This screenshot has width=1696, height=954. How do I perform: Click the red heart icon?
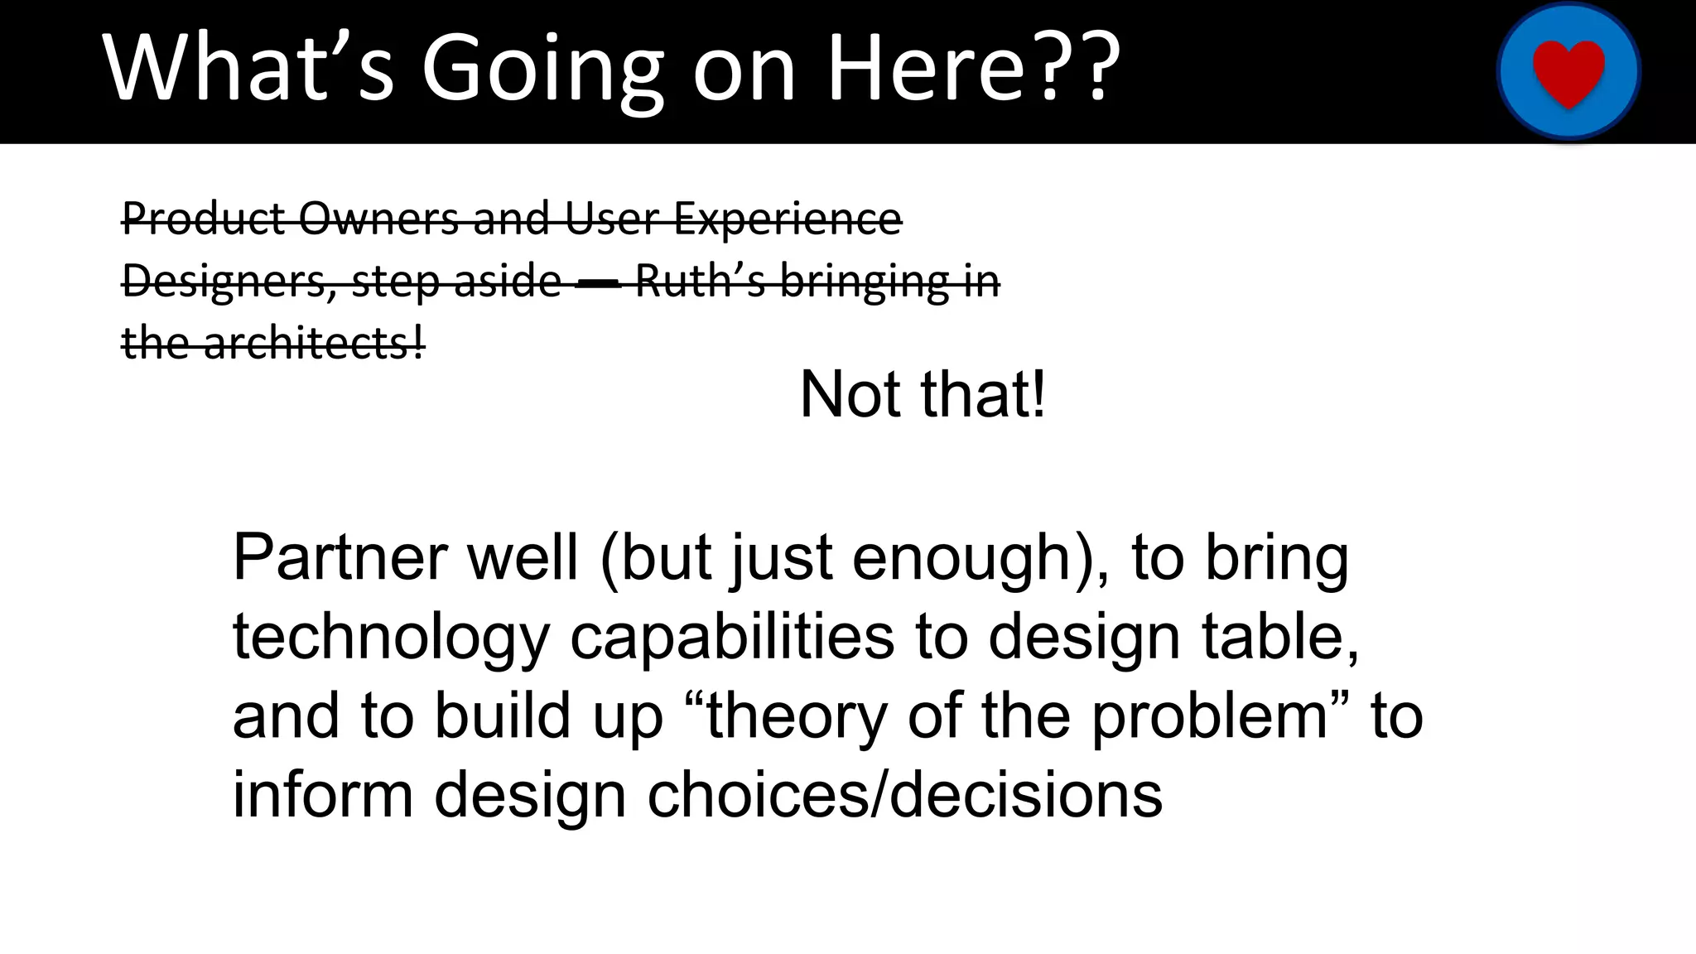point(1568,71)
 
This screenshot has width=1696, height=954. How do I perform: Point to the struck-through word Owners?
point(380,219)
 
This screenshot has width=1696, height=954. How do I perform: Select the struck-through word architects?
point(314,343)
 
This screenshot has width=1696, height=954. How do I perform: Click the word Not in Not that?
point(850,395)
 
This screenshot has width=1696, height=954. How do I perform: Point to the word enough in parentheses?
point(961,558)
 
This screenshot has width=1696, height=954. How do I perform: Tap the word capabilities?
point(732,638)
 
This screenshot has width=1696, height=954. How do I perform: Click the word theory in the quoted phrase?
point(795,716)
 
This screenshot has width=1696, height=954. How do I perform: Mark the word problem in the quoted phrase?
point(1210,716)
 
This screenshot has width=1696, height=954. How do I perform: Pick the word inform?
point(322,795)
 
